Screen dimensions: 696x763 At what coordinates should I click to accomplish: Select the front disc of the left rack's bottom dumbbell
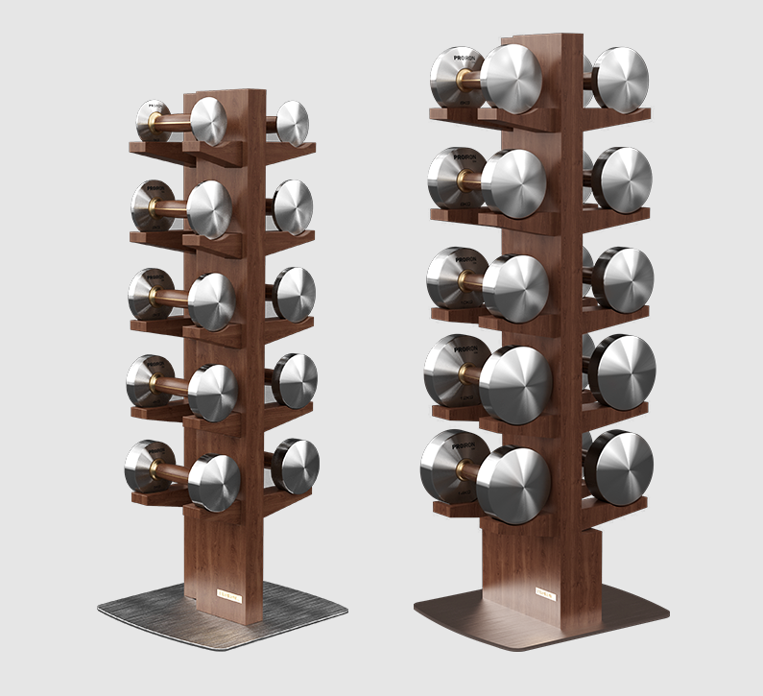click(213, 481)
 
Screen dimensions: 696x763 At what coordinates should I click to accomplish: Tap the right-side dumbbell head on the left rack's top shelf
click(292, 123)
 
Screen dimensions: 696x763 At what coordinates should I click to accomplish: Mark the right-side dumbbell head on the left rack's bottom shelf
click(298, 467)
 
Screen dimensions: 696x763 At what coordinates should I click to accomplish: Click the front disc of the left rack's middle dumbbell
click(212, 301)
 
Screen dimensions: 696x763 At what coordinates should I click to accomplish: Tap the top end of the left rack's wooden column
click(235, 93)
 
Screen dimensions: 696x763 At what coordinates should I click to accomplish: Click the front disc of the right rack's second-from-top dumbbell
click(513, 182)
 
